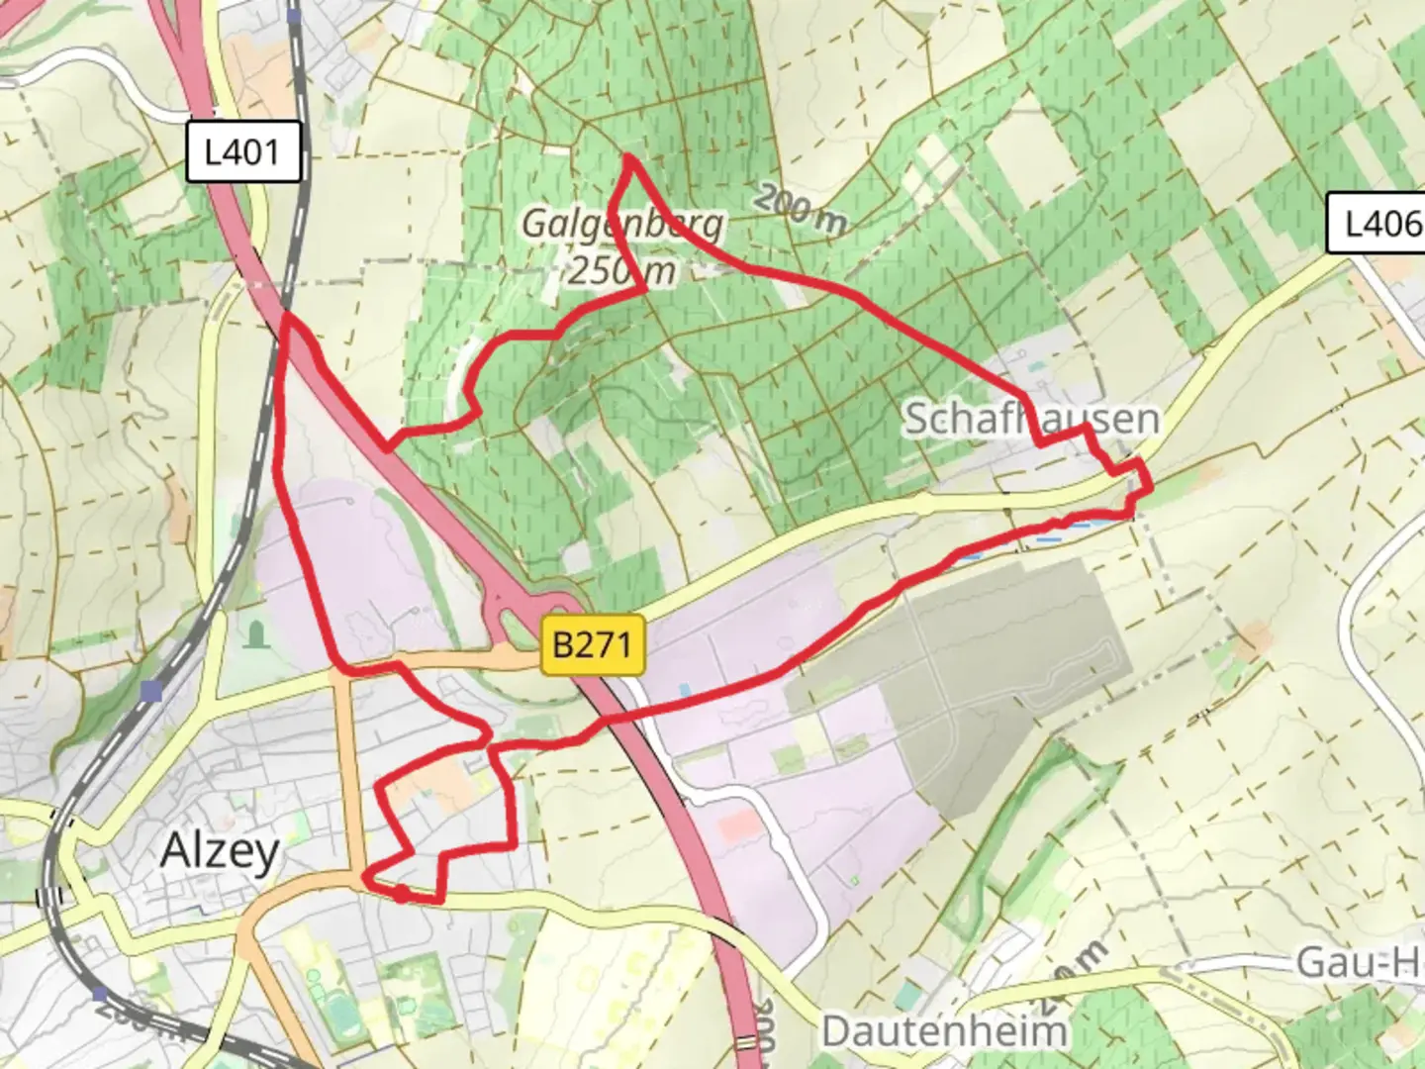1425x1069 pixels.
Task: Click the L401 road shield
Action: click(x=243, y=152)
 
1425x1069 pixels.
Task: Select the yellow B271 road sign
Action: click(x=592, y=645)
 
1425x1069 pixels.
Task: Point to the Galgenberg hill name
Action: click(x=622, y=226)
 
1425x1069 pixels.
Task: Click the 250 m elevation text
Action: click(x=621, y=269)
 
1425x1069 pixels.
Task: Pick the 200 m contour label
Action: click(x=799, y=209)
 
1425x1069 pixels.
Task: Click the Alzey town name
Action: click(x=220, y=850)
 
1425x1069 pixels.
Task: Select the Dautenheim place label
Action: click(x=944, y=1031)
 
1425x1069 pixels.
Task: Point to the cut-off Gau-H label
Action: click(x=1360, y=962)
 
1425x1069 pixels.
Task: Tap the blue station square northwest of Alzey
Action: click(x=150, y=691)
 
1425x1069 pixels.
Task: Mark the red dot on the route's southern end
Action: click(x=401, y=895)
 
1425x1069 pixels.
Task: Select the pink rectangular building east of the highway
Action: click(x=734, y=825)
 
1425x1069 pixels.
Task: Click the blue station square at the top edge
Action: click(x=294, y=15)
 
